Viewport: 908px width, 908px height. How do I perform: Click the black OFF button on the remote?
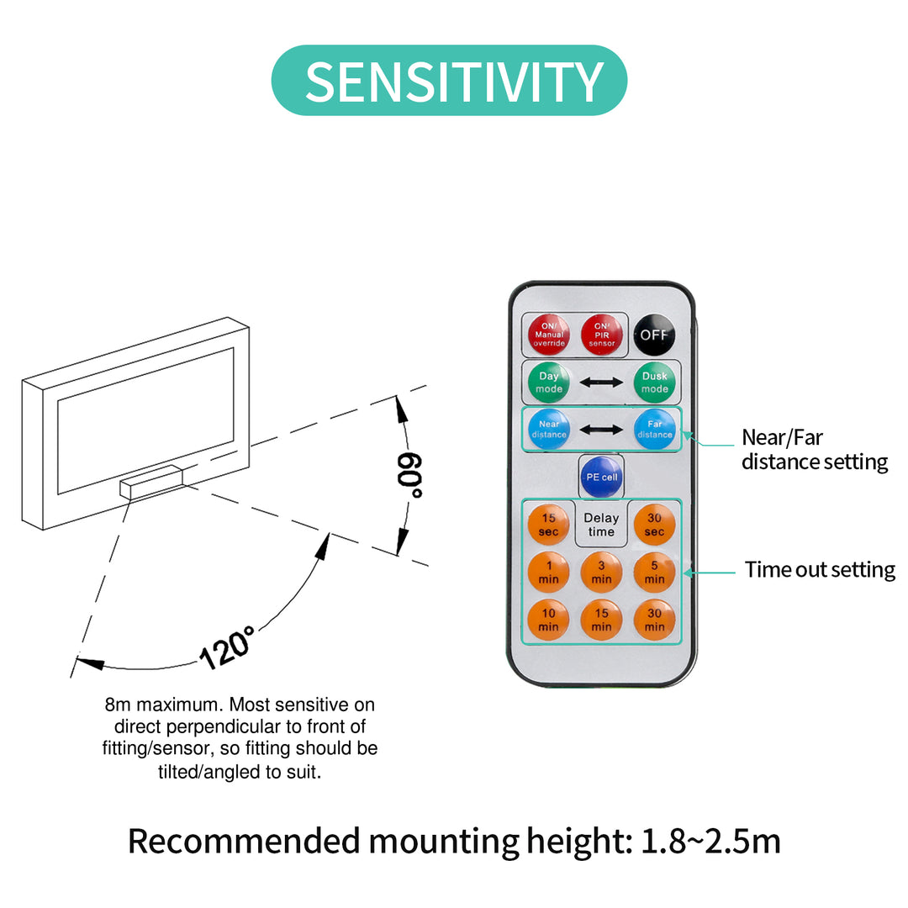pyautogui.click(x=654, y=335)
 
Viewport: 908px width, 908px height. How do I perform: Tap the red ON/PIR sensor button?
pyautogui.click(x=601, y=335)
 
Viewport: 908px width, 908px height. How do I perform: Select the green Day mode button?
pyautogui.click(x=549, y=383)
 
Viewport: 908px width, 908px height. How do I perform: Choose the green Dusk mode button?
pyautogui.click(x=655, y=383)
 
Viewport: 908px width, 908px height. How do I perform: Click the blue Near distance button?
pyautogui.click(x=549, y=430)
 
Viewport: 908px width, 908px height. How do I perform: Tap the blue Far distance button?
pyautogui.click(x=655, y=430)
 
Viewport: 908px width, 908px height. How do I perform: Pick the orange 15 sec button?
pyautogui.click(x=549, y=525)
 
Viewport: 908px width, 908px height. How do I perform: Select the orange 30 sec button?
pyautogui.click(x=655, y=525)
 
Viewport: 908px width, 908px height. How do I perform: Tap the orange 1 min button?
pyautogui.click(x=549, y=573)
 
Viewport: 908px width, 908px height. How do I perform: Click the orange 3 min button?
pyautogui.click(x=602, y=573)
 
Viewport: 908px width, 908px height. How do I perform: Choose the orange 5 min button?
pyautogui.click(x=655, y=573)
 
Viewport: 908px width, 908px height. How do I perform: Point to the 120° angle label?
pyautogui.click(x=225, y=650)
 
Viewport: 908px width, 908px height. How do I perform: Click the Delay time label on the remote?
pyautogui.click(x=601, y=525)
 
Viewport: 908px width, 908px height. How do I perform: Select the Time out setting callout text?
pyautogui.click(x=820, y=570)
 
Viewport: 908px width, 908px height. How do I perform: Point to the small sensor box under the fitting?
pyautogui.click(x=152, y=481)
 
